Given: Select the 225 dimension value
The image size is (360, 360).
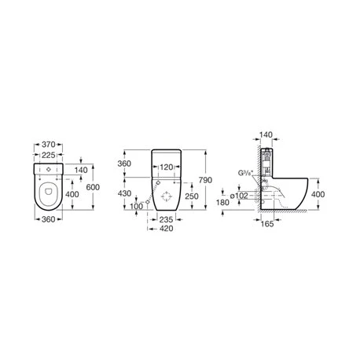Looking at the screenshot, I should pyautogui.click(x=50, y=156).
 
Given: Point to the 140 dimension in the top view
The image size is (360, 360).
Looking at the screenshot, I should pyautogui.click(x=79, y=169).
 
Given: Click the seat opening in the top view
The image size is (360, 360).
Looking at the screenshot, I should pyautogui.click(x=49, y=192).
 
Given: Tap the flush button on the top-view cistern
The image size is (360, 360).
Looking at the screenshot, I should pyautogui.click(x=49, y=171).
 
